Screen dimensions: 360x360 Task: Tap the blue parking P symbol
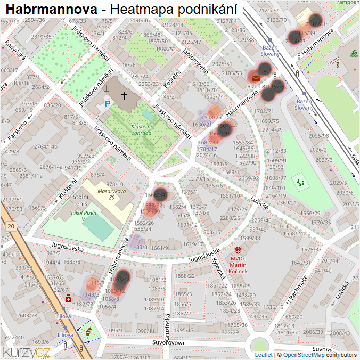pyautogui.click(x=108, y=104)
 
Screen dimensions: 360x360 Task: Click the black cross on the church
pyautogui.click(x=124, y=96)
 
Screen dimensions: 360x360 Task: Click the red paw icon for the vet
pyautogui.click(x=239, y=249)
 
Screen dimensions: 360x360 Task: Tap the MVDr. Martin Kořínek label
pyautogui.click(x=239, y=265)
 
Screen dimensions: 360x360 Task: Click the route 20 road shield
pyautogui.click(x=11, y=226)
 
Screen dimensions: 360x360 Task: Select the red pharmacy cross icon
pyautogui.click(x=68, y=299)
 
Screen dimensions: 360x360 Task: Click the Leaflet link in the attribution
pyautogui.click(x=263, y=355)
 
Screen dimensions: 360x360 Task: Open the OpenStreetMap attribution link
pyautogui.click(x=304, y=355)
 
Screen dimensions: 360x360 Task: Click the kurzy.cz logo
pyautogui.click(x=27, y=352)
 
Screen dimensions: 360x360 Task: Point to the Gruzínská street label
pyautogui.click(x=167, y=326)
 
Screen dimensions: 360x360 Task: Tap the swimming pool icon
pyautogui.click(x=354, y=53)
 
